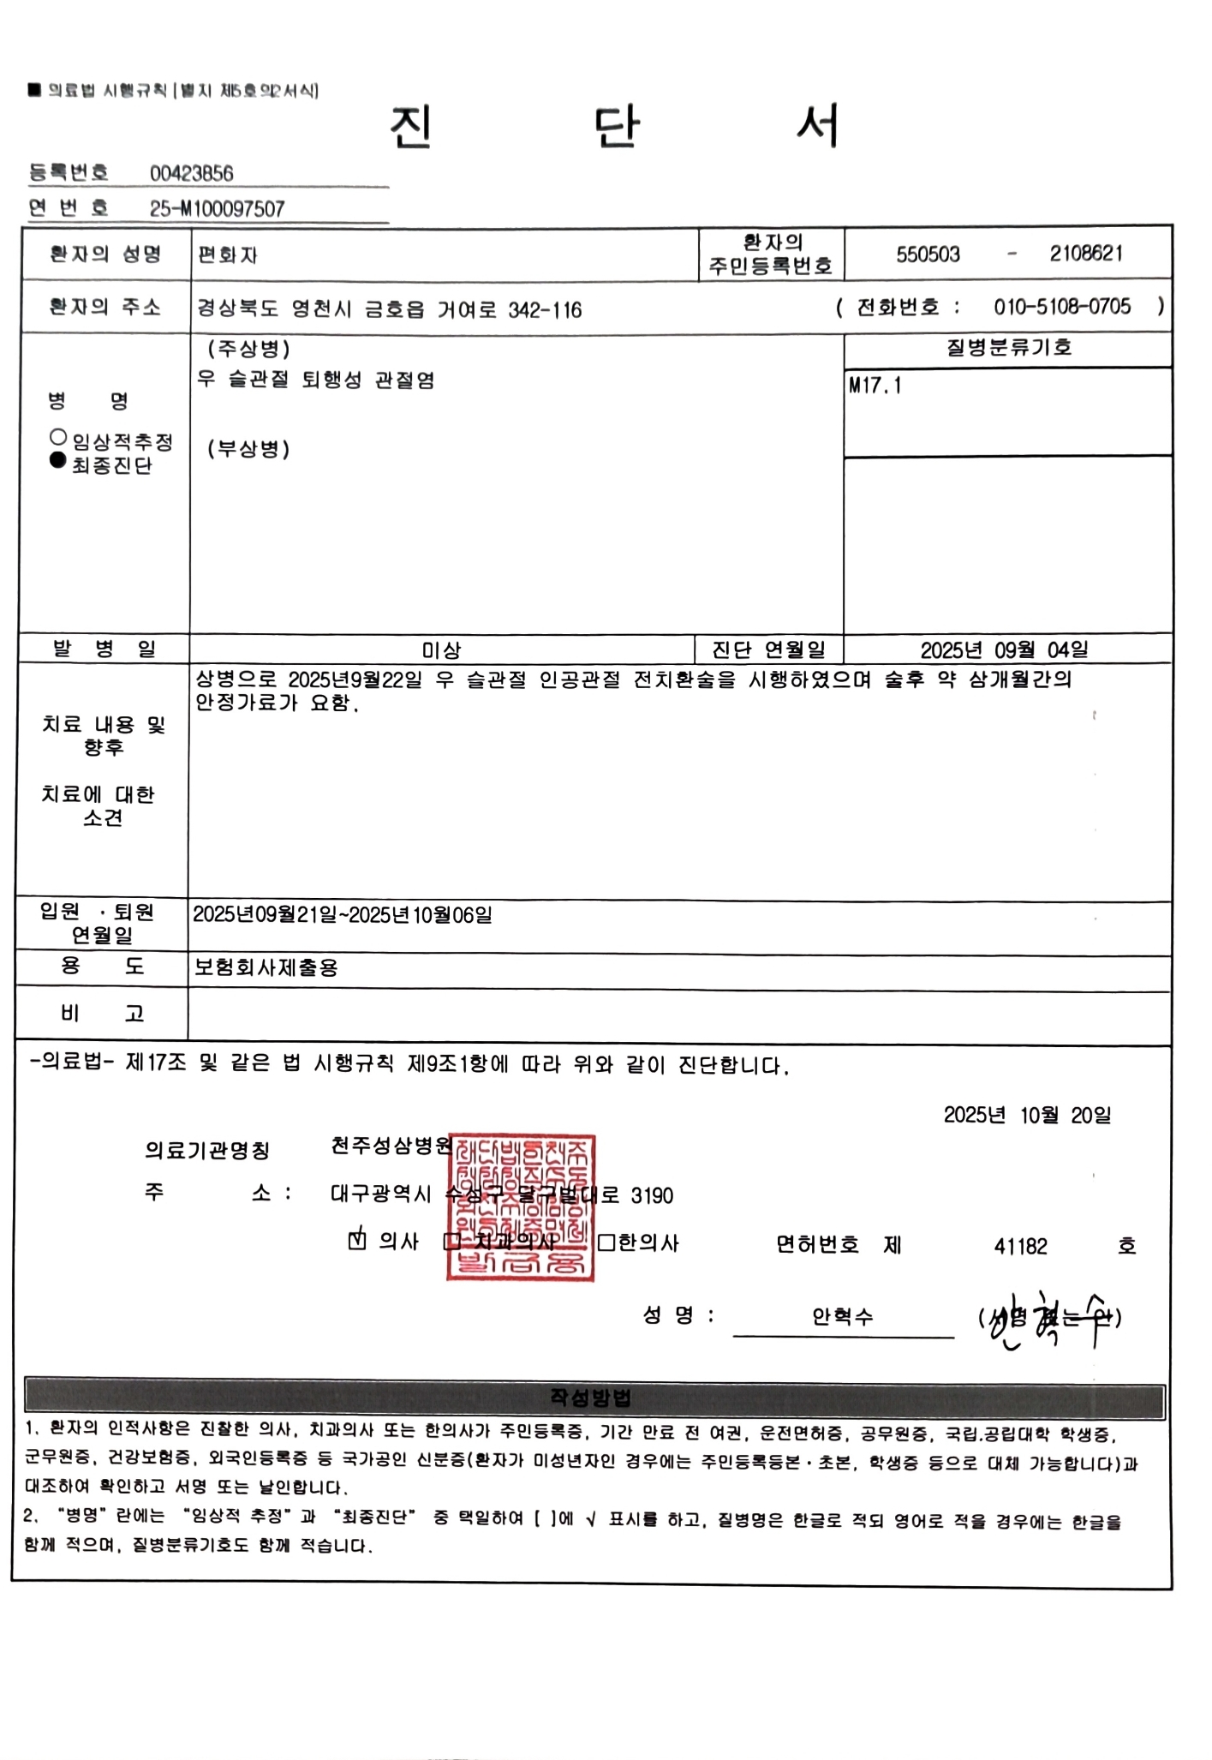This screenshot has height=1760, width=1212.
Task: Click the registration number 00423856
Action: coord(191,173)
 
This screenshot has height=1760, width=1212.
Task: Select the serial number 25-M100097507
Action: coord(217,209)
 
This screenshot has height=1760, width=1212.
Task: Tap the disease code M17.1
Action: coord(875,386)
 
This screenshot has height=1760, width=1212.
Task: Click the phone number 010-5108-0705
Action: coord(1061,307)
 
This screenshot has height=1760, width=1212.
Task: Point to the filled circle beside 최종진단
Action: coord(58,460)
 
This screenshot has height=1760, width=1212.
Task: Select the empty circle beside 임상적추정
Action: coord(58,437)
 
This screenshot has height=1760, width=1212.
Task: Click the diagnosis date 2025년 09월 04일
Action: coord(1004,650)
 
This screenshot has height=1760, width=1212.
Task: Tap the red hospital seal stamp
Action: coord(521,1207)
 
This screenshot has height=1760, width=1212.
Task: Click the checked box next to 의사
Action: coord(357,1240)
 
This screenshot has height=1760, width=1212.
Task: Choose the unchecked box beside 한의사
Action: coord(606,1242)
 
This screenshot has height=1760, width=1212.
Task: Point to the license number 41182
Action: coord(1020,1247)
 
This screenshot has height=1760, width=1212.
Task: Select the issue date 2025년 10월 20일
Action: coord(1027,1115)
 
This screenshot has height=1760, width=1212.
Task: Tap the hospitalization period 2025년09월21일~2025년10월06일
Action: coord(343,915)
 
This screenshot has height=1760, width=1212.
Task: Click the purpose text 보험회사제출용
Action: coord(266,968)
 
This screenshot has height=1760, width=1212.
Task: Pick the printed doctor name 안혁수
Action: coord(842,1317)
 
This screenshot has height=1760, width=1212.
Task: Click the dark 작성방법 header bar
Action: coord(594,1399)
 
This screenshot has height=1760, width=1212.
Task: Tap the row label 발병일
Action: coord(104,649)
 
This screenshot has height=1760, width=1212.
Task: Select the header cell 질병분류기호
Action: coord(1008,348)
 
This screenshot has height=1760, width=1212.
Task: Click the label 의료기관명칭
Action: coord(207,1150)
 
